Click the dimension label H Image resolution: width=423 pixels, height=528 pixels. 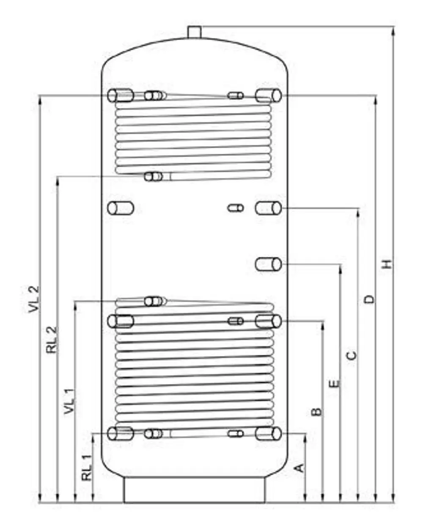coord(387,264)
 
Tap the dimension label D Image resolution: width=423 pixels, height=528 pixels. coord(369,299)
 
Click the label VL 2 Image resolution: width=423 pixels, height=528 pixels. coord(34,299)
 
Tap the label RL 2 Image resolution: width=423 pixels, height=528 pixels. coord(52,340)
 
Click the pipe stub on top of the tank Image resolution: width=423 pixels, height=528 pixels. coord(194,32)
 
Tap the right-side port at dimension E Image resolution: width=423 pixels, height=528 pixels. coord(269,264)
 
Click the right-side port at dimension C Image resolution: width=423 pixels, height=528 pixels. coord(269,208)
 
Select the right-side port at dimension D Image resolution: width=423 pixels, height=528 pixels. coord(269,95)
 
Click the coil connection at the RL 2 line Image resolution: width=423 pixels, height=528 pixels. coord(154,177)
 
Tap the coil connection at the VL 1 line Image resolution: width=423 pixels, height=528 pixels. coord(154,301)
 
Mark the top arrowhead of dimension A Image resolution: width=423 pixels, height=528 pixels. coord(306,437)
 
